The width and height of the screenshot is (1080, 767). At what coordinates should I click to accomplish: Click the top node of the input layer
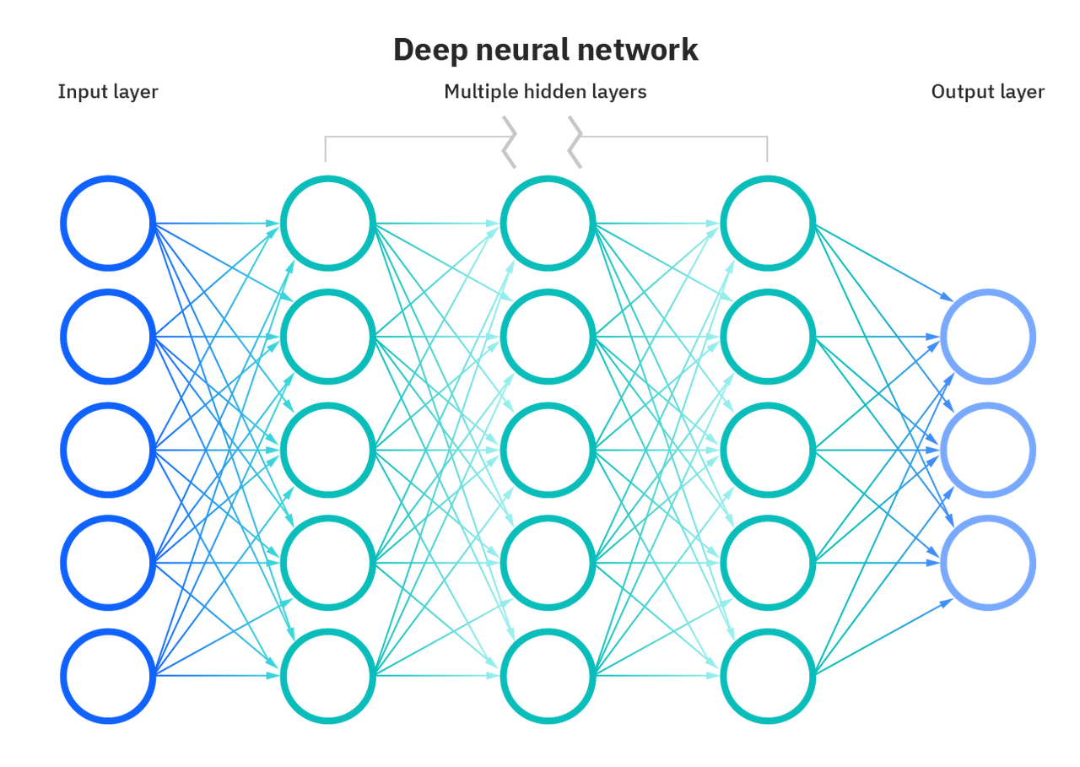(x=108, y=224)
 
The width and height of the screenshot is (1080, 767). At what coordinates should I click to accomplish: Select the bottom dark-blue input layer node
(x=108, y=676)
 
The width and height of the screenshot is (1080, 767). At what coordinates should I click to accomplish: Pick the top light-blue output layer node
(x=988, y=337)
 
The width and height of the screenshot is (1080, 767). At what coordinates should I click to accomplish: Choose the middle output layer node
(x=988, y=450)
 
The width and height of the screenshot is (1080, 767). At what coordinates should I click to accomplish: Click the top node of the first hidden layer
(x=328, y=224)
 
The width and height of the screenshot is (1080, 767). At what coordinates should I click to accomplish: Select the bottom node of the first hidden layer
(x=328, y=676)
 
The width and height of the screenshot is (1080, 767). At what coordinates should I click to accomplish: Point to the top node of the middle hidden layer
(x=548, y=224)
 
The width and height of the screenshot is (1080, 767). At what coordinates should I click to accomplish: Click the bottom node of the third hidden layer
(x=768, y=676)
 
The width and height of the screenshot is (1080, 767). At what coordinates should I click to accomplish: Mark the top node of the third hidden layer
(x=768, y=224)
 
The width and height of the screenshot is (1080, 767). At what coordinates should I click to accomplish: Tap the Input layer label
(x=108, y=92)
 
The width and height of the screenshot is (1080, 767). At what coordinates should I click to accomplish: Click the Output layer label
(x=988, y=92)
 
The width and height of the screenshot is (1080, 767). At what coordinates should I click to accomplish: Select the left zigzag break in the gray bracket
(x=509, y=143)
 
